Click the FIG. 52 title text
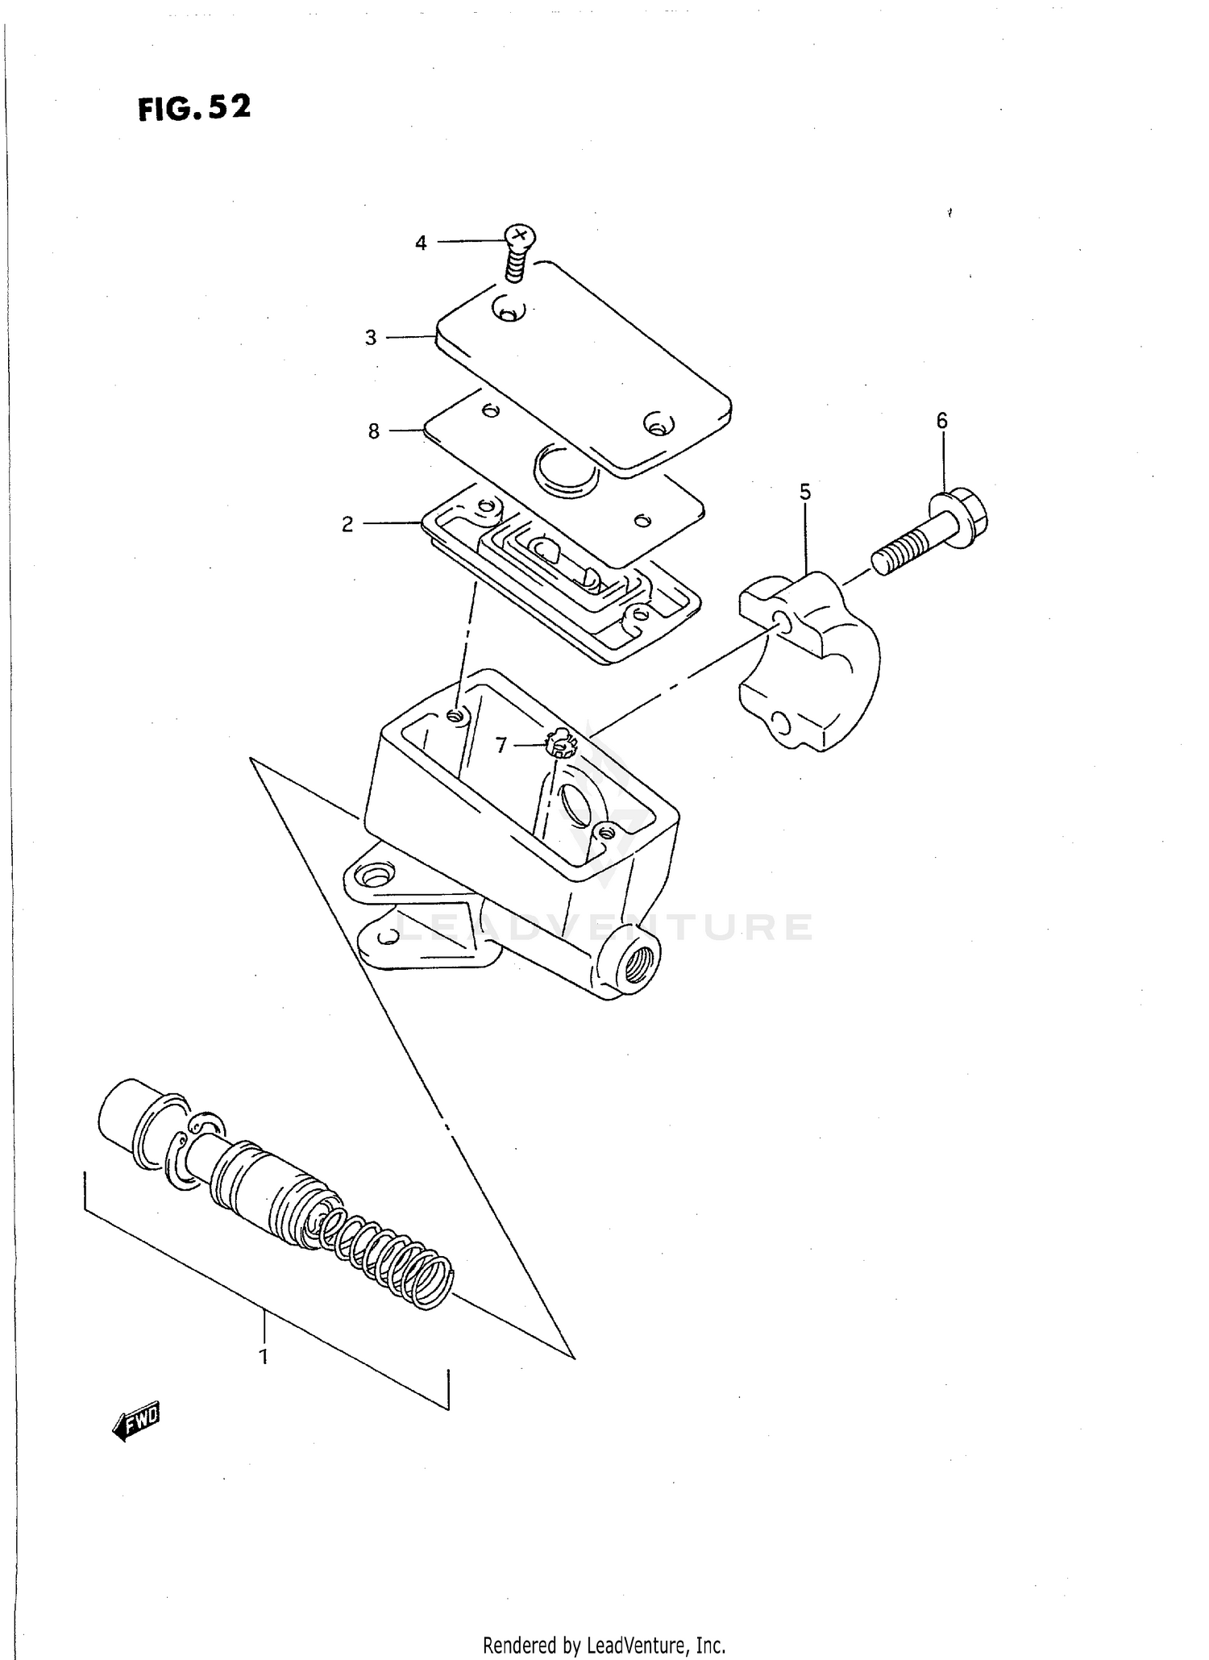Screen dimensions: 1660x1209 pyautogui.click(x=194, y=107)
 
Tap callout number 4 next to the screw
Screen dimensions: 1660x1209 pyautogui.click(x=421, y=243)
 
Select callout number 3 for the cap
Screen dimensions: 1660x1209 pyautogui.click(x=371, y=338)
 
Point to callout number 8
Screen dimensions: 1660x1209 pyautogui.click(x=373, y=432)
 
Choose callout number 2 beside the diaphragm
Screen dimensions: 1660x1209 pyautogui.click(x=347, y=525)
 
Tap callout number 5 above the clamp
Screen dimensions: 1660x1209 pyautogui.click(x=805, y=492)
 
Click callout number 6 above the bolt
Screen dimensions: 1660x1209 pyautogui.click(x=941, y=420)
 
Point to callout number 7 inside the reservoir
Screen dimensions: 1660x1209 pyautogui.click(x=501, y=746)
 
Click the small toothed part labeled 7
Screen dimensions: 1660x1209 pyautogui.click(x=561, y=743)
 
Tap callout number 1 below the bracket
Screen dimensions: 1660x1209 pyautogui.click(x=263, y=1357)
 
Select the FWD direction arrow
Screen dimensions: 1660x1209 pyautogui.click(x=137, y=1422)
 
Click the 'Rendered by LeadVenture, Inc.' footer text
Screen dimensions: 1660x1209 pyautogui.click(x=604, y=1645)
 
